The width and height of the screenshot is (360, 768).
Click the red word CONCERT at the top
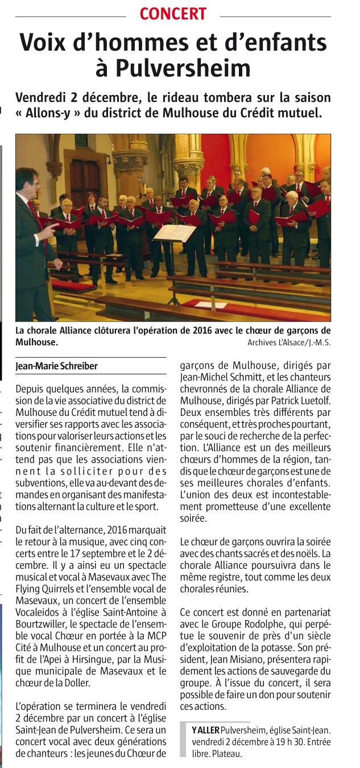173,14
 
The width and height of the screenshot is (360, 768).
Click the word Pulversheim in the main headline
183,68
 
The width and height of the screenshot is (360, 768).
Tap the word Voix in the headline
47,43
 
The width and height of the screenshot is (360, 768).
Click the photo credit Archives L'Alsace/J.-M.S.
289,342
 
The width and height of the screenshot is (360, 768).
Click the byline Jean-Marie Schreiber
56,366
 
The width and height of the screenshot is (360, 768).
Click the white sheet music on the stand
175,233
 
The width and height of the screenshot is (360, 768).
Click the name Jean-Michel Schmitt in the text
216,378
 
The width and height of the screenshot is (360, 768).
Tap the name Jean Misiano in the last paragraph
230,662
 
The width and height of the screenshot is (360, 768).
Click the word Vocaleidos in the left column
42,612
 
